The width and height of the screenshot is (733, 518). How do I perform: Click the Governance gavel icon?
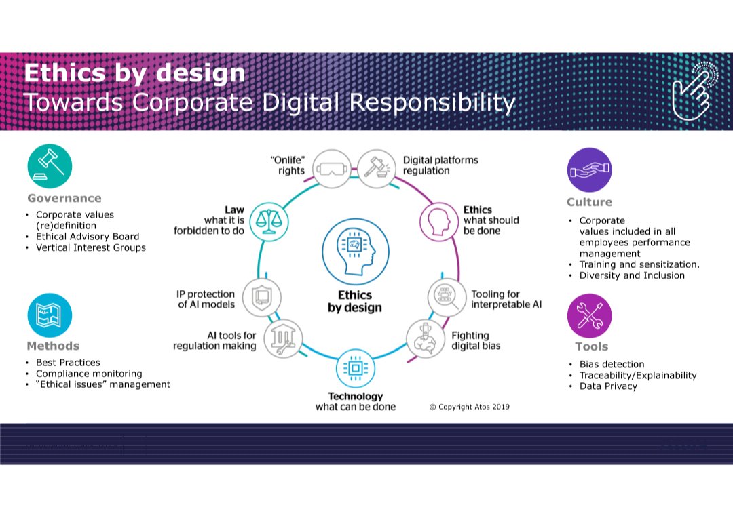[x=50, y=165]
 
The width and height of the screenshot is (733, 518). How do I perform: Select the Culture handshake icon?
[x=589, y=170]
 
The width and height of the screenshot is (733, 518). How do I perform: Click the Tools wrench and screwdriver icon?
[x=589, y=316]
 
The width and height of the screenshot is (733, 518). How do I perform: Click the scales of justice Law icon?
[x=266, y=220]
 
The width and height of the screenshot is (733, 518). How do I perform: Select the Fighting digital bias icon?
[x=425, y=338]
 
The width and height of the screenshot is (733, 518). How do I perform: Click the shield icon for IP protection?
[x=261, y=297]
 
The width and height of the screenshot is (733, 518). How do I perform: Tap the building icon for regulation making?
[x=279, y=338]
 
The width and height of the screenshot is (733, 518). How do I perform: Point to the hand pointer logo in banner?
[x=691, y=92]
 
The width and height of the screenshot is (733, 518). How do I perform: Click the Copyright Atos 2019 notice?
[x=470, y=407]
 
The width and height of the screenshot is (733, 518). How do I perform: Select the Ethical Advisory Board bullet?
[x=88, y=237]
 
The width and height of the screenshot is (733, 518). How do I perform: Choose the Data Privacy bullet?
[x=608, y=386]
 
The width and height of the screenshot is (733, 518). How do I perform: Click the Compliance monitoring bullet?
[x=89, y=374]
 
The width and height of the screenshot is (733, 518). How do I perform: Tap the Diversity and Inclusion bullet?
[x=632, y=276]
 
